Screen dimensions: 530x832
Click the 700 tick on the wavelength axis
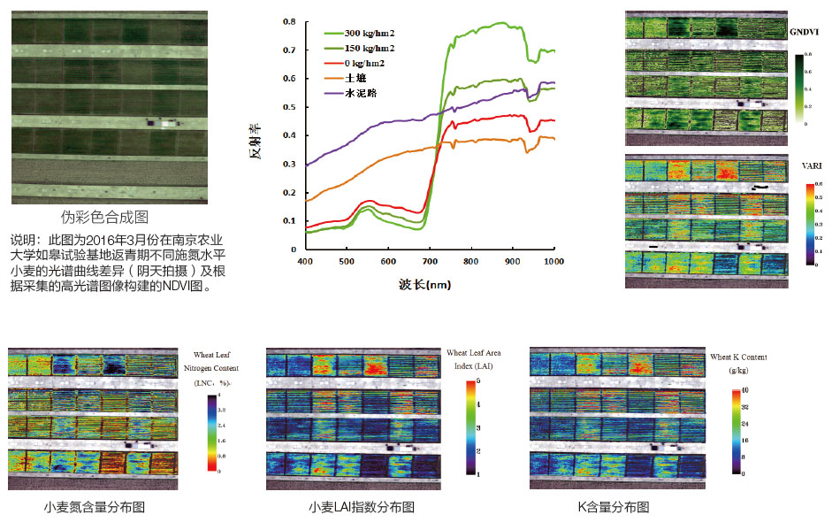coord(431,263)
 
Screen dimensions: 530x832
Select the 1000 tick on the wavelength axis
coord(554,263)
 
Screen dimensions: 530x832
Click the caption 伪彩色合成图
coord(110,216)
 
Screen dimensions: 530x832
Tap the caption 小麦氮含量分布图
coord(94,508)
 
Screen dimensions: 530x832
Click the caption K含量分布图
coord(613,508)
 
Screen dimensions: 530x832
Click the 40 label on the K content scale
coord(745,389)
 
